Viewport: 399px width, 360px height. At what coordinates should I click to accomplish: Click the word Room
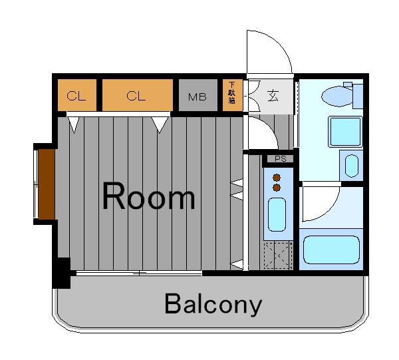(149, 196)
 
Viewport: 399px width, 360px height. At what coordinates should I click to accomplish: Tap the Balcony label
(213, 304)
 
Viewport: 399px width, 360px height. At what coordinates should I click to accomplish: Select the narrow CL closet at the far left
(77, 95)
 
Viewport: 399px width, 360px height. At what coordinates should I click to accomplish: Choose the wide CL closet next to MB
(138, 95)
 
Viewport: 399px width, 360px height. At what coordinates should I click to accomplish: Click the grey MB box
(198, 95)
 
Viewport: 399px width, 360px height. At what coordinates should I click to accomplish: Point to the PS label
(281, 159)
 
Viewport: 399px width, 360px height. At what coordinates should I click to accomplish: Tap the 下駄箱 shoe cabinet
(232, 95)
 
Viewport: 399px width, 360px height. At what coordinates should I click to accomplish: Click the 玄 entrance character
(273, 96)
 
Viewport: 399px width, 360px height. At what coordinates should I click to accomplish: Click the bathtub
(331, 250)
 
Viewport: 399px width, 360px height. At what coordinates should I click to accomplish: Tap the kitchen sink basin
(277, 215)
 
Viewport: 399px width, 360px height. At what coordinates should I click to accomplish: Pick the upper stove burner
(277, 178)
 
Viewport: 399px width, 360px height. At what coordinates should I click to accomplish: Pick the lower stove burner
(277, 188)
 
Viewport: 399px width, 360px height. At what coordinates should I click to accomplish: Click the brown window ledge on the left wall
(47, 184)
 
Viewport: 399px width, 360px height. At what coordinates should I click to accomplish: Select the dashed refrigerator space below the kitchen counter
(278, 256)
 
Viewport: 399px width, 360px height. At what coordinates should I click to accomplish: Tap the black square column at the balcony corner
(61, 273)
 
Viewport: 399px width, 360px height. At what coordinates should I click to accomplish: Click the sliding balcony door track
(139, 273)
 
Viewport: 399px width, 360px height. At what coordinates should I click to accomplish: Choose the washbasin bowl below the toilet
(351, 166)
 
